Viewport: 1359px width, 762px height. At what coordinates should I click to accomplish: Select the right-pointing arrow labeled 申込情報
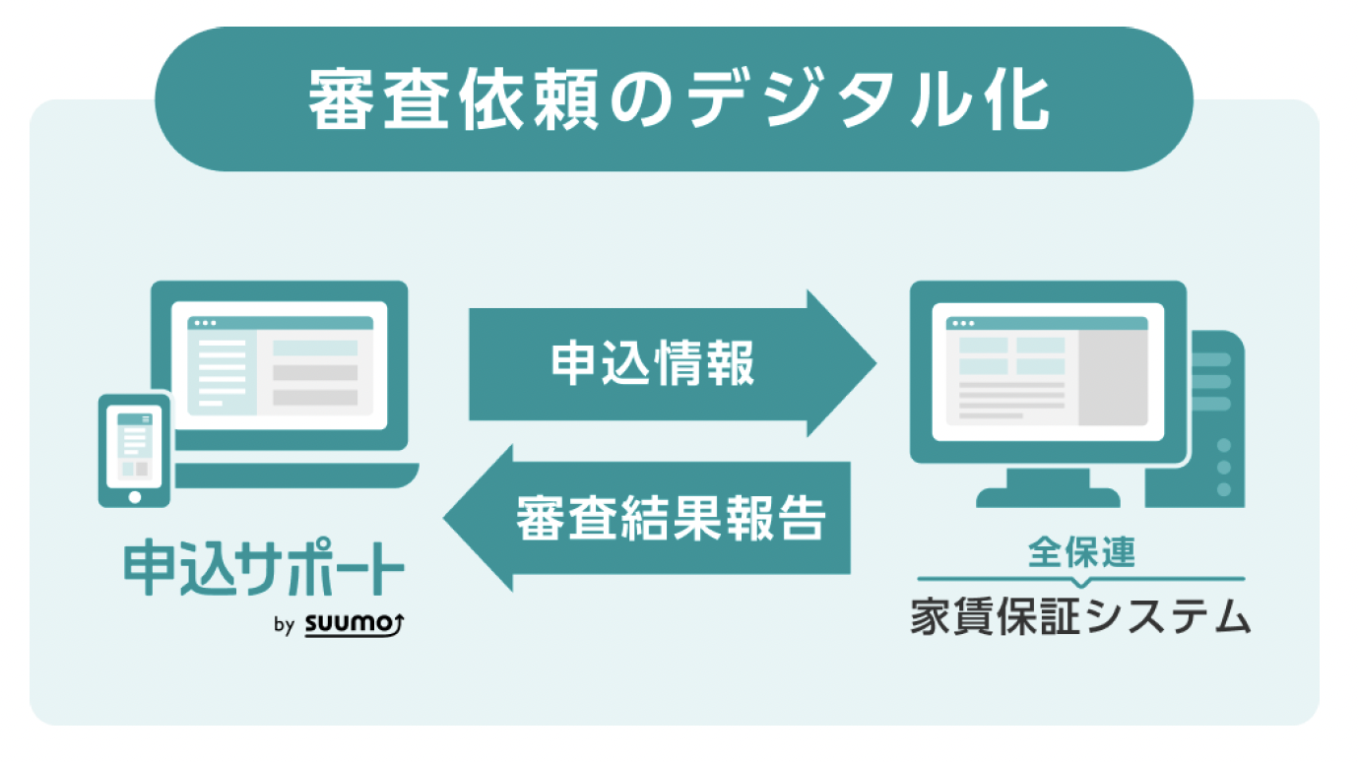coord(670,363)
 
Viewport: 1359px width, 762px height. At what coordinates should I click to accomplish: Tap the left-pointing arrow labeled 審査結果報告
coord(650,518)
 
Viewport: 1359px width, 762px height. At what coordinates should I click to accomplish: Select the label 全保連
coord(1081,551)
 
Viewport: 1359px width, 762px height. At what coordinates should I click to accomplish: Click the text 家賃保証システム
coord(1081,618)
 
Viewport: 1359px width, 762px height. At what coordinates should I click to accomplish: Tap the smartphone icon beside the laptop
coord(135,451)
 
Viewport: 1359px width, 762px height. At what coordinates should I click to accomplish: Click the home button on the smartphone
coord(135,496)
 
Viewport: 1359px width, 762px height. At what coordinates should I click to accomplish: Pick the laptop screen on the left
coord(280,365)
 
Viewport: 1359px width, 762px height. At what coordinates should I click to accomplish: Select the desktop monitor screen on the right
coord(1047,370)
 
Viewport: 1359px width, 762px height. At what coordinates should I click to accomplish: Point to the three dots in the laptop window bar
coord(204,322)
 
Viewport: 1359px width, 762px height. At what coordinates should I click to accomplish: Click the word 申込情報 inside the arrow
coord(653,363)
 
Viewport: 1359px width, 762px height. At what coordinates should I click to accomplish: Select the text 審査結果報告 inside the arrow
coord(670,518)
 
